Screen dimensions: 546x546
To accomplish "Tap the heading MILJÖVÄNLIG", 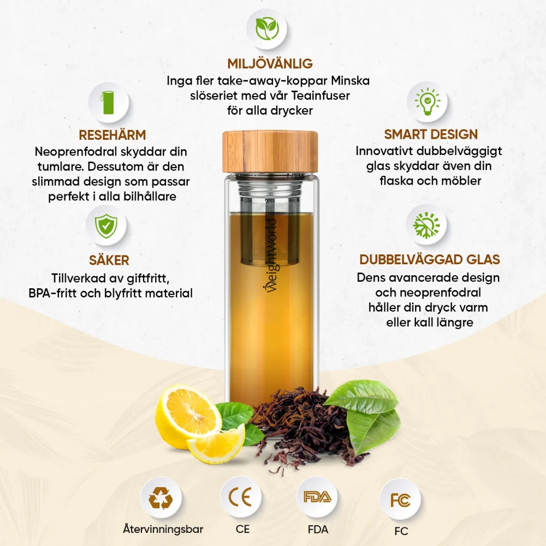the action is pos(270,64).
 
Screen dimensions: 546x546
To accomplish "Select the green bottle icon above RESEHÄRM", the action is pos(108,103).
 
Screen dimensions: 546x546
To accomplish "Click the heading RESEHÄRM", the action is pos(112,135).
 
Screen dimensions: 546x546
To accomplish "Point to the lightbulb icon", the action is pos(428,102).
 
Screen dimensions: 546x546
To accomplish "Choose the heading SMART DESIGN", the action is pos(431,134).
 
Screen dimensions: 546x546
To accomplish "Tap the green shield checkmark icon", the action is pos(106,226).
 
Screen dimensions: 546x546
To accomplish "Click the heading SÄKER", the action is pos(109,260).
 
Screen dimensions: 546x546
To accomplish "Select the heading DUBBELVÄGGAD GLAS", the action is pos(430,259).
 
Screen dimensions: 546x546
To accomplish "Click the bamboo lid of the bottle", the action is pos(270,152).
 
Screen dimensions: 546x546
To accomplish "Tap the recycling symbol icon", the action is pos(161,498).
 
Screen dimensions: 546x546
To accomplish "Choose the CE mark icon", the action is pos(240,497).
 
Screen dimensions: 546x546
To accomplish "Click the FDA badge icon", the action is pos(317,496).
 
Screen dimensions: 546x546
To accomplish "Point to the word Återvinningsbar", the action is pos(163,529).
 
